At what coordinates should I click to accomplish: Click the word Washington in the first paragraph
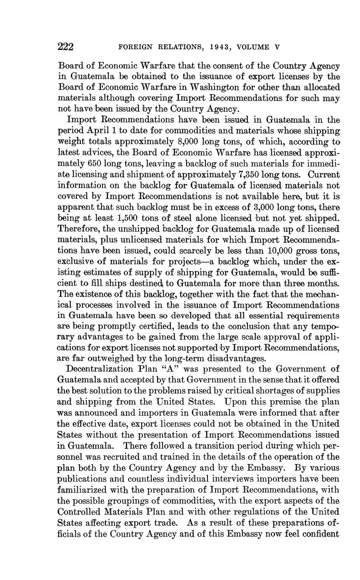(x=216, y=87)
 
